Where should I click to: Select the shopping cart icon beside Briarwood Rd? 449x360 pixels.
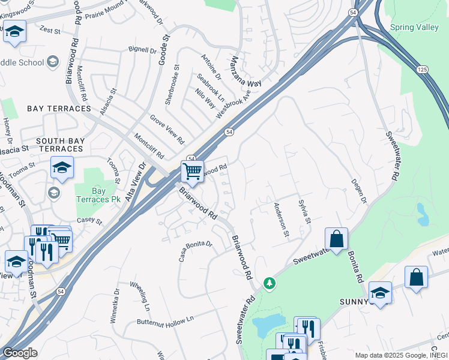(192, 172)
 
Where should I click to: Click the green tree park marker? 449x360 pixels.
(270, 282)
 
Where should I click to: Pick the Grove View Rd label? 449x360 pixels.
(167, 130)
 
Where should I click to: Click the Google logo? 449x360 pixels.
(20, 353)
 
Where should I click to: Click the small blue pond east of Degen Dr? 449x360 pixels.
(423, 214)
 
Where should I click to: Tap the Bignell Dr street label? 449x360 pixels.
(142, 48)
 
